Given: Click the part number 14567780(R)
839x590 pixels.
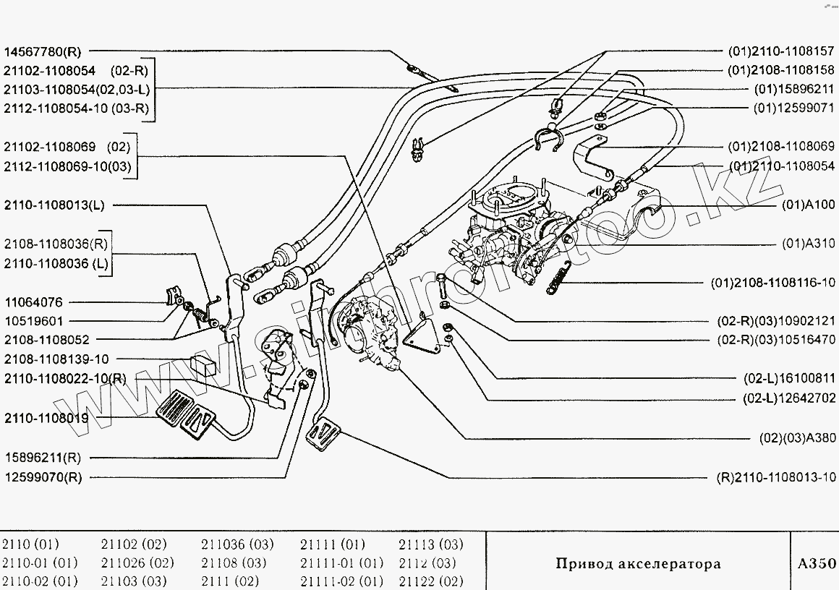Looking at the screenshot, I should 43,52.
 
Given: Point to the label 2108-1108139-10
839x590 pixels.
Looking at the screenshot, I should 56,359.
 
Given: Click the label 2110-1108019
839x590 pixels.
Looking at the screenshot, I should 46,418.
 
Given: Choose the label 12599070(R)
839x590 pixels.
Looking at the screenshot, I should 43,477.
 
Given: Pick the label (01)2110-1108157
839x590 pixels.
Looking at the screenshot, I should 782,52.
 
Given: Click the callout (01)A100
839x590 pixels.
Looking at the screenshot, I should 809,205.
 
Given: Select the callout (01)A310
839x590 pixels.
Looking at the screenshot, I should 809,243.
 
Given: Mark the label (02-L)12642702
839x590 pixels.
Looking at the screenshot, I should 790,398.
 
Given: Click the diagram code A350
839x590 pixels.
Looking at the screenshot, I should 817,563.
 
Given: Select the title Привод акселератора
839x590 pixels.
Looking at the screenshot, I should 638,563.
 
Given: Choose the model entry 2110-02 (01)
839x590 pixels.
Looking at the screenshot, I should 40,581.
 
